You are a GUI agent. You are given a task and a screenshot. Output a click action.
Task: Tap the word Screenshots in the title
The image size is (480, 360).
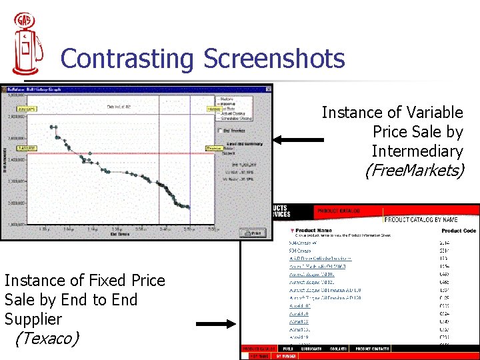(275, 59)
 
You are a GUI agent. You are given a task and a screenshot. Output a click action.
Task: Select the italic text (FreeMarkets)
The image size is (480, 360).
(413, 171)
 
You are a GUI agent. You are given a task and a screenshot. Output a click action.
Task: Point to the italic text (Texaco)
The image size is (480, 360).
(47, 339)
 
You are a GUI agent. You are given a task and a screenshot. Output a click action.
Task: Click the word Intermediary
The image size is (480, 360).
(417, 151)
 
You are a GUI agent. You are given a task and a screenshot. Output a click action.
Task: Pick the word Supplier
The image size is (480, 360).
(33, 319)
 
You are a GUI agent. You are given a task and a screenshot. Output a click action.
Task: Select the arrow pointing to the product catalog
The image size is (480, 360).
(217, 325)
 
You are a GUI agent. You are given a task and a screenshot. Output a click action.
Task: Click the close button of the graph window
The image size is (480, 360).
(269, 87)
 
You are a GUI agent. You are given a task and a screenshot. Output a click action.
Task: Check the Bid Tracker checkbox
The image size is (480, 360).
(220, 130)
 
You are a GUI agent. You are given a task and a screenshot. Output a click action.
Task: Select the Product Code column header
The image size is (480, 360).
(459, 230)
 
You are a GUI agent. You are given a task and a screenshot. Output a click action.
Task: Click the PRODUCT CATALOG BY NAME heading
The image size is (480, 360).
(431, 220)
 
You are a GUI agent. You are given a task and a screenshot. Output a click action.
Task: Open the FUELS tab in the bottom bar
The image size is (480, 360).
(287, 349)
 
